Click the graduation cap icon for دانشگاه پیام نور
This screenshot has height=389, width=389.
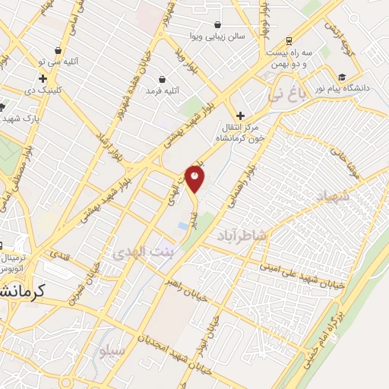click(x=342, y=77)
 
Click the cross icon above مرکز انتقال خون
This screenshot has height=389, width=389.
click(x=241, y=115)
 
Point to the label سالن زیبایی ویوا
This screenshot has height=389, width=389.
click(x=217, y=35)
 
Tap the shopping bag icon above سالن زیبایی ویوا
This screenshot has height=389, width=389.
click(x=218, y=24)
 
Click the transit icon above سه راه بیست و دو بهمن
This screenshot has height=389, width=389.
click(x=289, y=40)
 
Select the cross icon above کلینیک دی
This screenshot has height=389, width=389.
click(x=43, y=77)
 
